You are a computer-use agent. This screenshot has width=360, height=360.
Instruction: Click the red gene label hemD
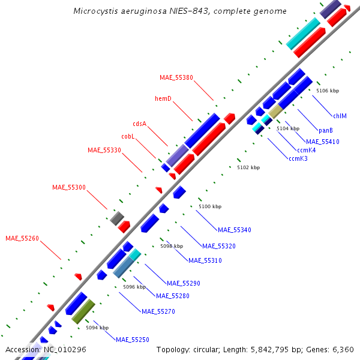pyautogui.click(x=163, y=98)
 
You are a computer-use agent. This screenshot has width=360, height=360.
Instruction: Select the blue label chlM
pyautogui.click(x=340, y=116)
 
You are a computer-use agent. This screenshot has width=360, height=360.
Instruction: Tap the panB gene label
pyautogui.click(x=326, y=130)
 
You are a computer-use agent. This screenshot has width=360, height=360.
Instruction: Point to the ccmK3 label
pyautogui.click(x=298, y=158)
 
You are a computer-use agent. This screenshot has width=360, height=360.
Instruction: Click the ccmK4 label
pyautogui.click(x=306, y=150)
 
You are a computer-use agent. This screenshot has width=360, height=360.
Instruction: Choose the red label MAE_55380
pyautogui.click(x=176, y=77)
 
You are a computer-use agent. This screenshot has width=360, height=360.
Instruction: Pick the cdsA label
pyautogui.click(x=139, y=124)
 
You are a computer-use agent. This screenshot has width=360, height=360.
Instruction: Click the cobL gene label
pyautogui.click(x=128, y=136)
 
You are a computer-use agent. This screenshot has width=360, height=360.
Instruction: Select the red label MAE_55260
pyautogui.click(x=22, y=238)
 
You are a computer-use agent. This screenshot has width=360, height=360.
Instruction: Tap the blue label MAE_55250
pyautogui.click(x=133, y=340)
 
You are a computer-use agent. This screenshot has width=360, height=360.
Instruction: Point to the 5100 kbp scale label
pyautogui.click(x=210, y=206)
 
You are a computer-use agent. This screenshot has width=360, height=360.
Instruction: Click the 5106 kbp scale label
pyautogui.click(x=328, y=91)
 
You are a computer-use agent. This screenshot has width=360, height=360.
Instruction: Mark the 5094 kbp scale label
pyautogui.click(x=97, y=328)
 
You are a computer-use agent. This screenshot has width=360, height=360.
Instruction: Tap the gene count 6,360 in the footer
pyautogui.click(x=341, y=349)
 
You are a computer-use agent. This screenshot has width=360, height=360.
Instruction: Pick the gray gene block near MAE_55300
pyautogui.click(x=117, y=218)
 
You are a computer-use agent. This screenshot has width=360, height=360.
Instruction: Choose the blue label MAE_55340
pyautogui.click(x=235, y=230)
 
